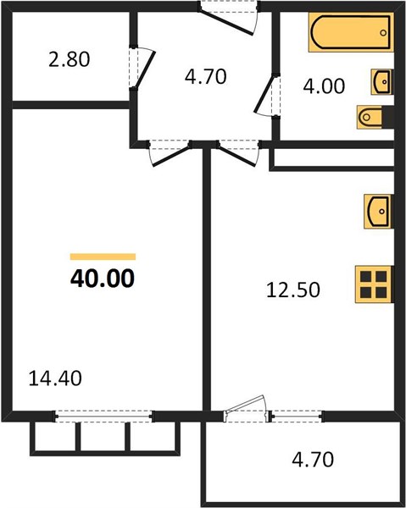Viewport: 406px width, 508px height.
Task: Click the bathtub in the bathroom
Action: point(351,32)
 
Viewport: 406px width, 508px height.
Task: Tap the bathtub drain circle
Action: point(383,33)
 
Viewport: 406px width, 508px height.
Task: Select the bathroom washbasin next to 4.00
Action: point(382,81)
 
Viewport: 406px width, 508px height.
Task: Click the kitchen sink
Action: point(378,211)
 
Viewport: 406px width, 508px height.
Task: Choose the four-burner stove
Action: point(375,284)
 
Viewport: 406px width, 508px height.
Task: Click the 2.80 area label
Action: point(69,60)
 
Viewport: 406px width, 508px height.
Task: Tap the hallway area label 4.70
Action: point(206,77)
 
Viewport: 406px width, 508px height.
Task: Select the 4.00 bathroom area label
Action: point(324,86)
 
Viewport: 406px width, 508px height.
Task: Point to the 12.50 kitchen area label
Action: point(293,290)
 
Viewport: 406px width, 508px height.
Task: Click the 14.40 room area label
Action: point(55,378)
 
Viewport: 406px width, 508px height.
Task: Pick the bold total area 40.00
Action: point(103,279)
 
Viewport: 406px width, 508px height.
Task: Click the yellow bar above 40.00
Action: point(103,257)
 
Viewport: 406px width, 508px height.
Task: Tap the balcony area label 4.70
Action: point(313,460)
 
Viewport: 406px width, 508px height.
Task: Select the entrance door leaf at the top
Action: point(225,23)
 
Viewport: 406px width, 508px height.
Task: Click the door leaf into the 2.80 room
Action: point(144,69)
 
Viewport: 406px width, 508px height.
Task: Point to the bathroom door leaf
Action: point(265,93)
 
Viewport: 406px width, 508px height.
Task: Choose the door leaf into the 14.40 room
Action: point(170,157)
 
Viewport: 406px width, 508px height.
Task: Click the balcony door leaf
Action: point(245,404)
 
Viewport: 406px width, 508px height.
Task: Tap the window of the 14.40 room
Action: point(103,417)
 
